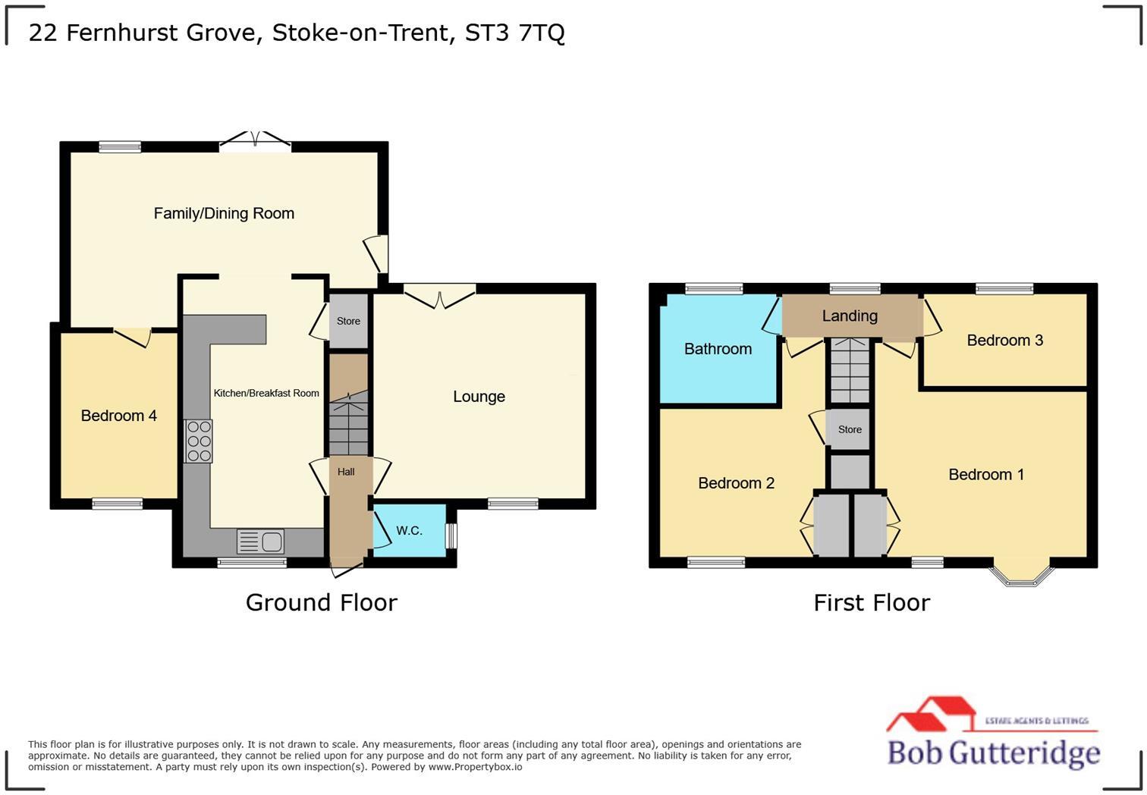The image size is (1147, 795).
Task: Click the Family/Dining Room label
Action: click(224, 214)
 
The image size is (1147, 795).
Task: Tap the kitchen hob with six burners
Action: click(199, 441)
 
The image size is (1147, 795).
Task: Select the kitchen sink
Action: click(260, 542)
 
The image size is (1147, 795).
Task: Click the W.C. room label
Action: click(409, 531)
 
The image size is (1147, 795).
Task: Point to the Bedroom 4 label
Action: click(118, 416)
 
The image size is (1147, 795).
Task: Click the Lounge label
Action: click(479, 397)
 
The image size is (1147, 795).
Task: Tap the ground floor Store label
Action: click(348, 321)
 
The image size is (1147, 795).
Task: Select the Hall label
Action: click(346, 472)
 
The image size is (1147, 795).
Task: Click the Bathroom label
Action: click(718, 349)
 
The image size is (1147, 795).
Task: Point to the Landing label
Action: click(850, 316)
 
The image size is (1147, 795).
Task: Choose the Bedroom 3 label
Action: click(1004, 341)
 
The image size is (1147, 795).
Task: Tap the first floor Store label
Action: click(850, 429)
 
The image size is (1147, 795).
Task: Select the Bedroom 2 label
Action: click(736, 483)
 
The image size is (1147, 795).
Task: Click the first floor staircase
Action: click(850, 372)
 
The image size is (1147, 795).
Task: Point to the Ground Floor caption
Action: click(321, 603)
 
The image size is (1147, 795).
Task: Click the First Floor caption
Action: click(872, 603)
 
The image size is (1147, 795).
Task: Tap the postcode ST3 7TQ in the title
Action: click(514, 33)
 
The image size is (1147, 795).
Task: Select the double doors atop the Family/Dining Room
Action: click(256, 141)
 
